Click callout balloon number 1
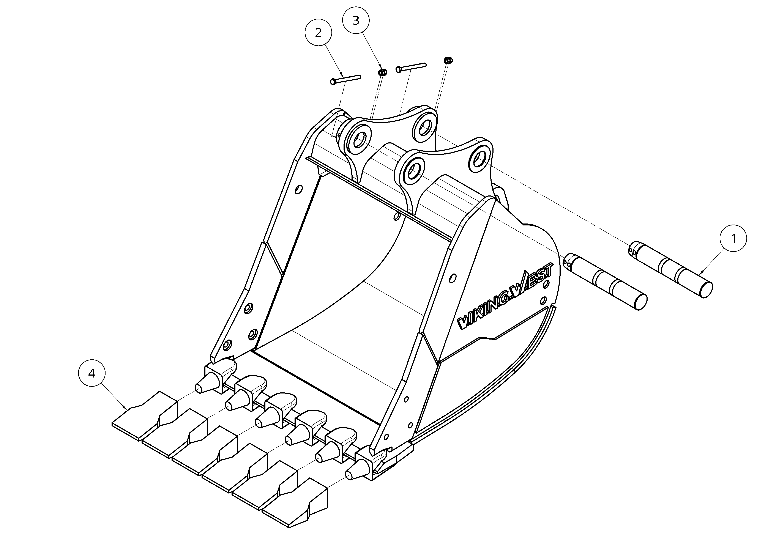coord(734,238)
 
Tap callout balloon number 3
coord(356,20)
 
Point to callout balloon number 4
coord(92,373)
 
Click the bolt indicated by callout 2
coord(345,79)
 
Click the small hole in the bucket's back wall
coord(397,216)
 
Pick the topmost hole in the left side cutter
coord(298,190)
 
